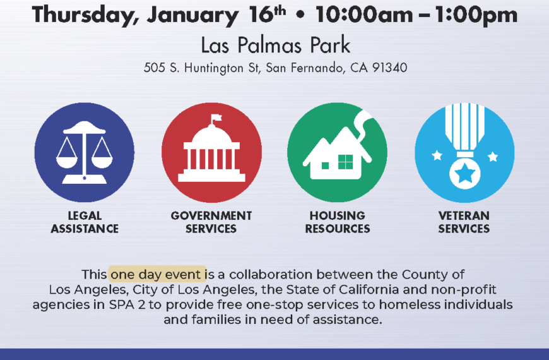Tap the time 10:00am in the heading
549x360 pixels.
pos(365,15)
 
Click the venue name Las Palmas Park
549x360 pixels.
pos(276,45)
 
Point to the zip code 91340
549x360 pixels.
pos(390,68)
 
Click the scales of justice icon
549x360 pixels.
pos(85,152)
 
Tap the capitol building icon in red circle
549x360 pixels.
pos(211,148)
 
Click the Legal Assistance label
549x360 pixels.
pos(85,222)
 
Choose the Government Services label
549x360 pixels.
pos(211,222)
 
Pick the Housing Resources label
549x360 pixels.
pos(338,222)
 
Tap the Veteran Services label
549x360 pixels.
pos(464,222)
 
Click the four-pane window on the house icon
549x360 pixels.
pos(346,162)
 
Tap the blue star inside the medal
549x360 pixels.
pos(464,174)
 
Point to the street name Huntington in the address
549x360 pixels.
pos(214,68)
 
